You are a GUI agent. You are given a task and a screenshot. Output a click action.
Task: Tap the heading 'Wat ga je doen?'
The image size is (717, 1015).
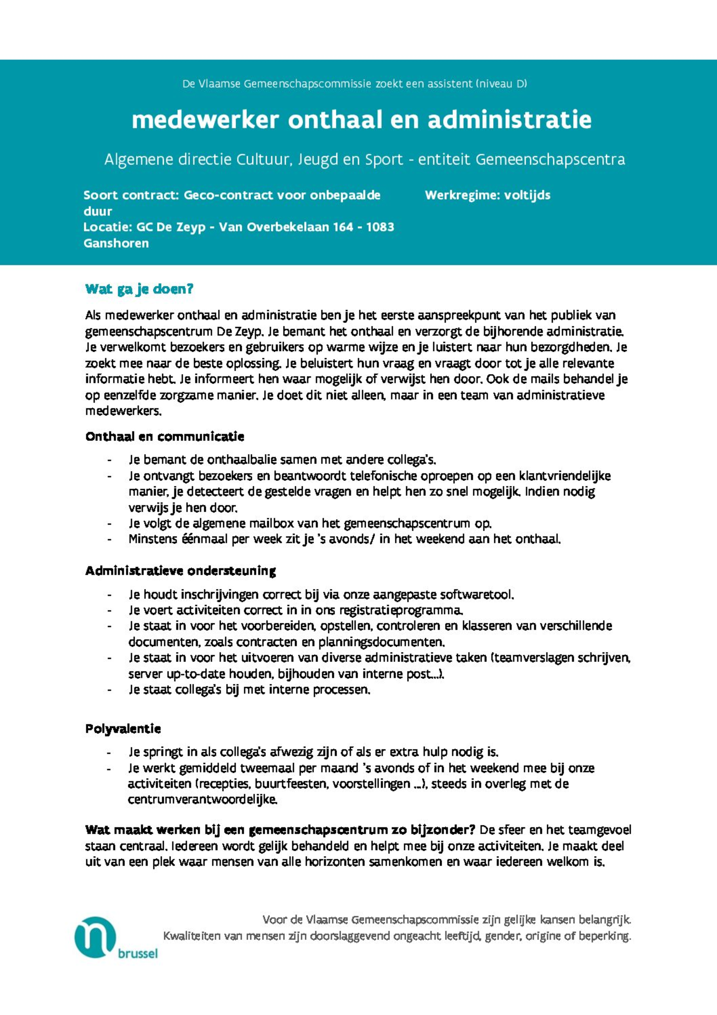(139, 290)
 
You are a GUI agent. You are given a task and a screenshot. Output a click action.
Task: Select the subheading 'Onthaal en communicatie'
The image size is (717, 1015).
(164, 437)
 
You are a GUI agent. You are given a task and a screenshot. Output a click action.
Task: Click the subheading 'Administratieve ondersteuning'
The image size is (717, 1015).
(180, 571)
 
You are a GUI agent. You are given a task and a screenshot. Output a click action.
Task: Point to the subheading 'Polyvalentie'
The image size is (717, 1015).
(123, 728)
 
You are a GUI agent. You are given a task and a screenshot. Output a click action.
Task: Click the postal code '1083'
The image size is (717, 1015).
(380, 227)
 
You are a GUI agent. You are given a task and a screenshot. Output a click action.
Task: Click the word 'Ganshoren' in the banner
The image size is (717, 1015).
(116, 243)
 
